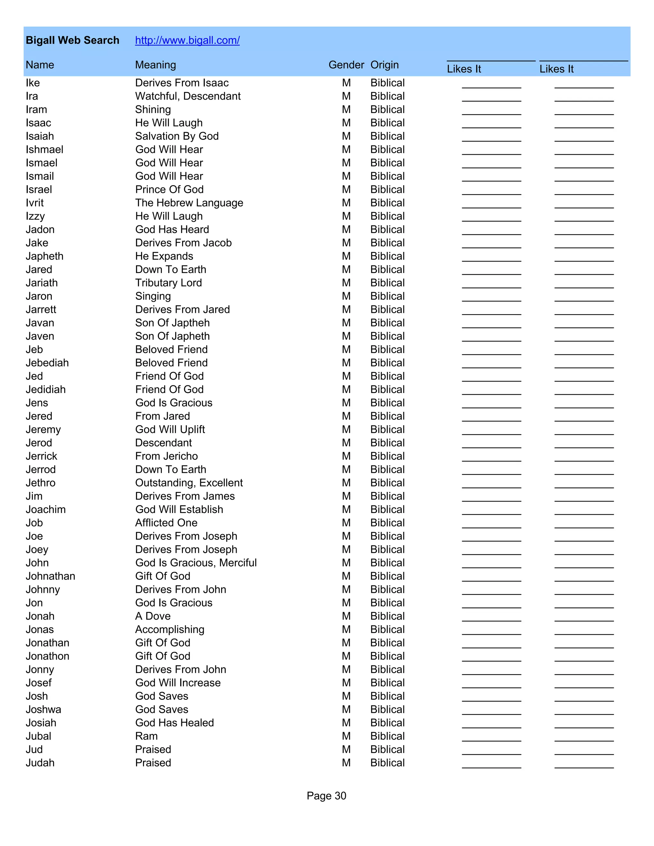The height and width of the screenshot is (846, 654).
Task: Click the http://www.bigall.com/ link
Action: click(187, 40)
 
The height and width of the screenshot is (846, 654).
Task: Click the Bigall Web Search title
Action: click(72, 40)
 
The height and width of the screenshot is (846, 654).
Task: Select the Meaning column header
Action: click(156, 65)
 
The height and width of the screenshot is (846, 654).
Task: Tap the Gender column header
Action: click(346, 65)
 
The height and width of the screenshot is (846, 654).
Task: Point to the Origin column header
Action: click(384, 65)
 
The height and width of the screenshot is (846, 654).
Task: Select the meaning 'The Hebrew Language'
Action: click(189, 203)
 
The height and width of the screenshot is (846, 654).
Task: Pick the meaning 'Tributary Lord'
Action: click(168, 283)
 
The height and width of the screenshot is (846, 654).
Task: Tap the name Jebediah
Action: click(47, 363)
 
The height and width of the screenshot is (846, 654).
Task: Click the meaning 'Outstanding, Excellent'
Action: click(189, 483)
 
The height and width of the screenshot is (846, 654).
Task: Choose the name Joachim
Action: click(45, 510)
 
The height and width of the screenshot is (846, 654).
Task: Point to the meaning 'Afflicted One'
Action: click(166, 523)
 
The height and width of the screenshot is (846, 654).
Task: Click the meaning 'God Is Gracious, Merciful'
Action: click(196, 563)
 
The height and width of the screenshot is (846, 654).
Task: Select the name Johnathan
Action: click(50, 576)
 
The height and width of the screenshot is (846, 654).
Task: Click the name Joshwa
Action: click(43, 710)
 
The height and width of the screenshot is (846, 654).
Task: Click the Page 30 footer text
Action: click(326, 796)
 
